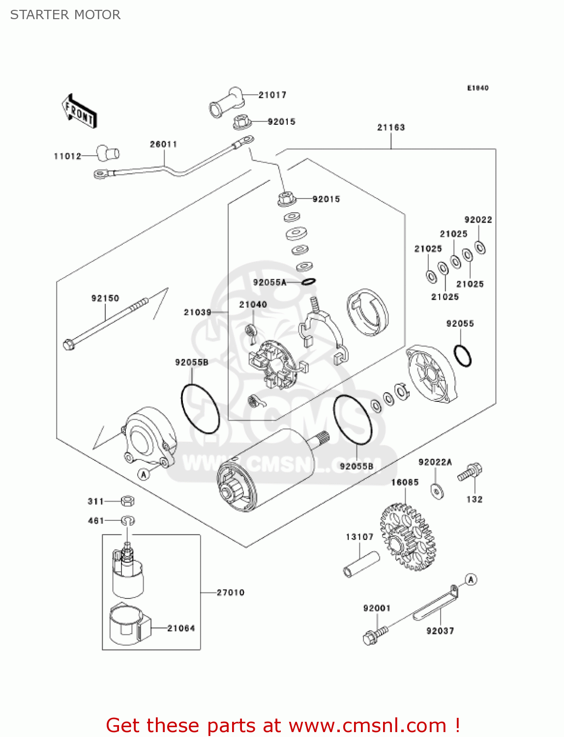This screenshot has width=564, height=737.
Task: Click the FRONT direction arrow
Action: (79, 112)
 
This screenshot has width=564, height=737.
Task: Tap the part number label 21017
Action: (272, 95)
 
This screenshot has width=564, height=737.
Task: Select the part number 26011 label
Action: (163, 144)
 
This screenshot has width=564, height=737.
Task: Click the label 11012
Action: (67, 156)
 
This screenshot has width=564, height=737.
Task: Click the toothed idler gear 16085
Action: (409, 538)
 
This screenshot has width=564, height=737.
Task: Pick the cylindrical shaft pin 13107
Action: (361, 565)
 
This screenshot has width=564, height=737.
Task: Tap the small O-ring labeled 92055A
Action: (308, 282)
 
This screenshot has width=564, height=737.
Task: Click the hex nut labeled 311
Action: (127, 501)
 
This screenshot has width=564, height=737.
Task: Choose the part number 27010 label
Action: (231, 593)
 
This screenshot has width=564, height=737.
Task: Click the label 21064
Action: (181, 628)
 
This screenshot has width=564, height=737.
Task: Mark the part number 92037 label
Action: (440, 631)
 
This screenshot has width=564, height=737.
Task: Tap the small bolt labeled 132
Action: (470, 473)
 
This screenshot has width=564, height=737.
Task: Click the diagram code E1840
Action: (477, 88)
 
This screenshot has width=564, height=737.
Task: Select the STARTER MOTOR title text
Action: (65, 15)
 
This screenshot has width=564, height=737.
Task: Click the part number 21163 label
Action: (391, 127)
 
